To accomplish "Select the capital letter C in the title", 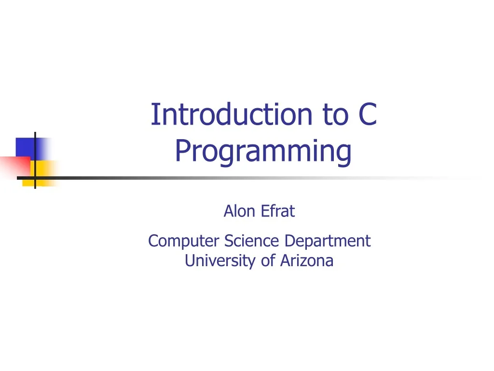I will tap(367, 115).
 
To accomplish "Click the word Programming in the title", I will tap(263, 151).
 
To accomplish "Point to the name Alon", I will tap(239, 211).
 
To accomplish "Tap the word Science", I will tap(251, 241).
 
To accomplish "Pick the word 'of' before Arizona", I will tap(268, 261).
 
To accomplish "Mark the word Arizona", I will tap(306, 261).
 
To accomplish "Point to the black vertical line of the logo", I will tap(35, 145).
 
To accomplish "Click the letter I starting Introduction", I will tap(154, 115).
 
